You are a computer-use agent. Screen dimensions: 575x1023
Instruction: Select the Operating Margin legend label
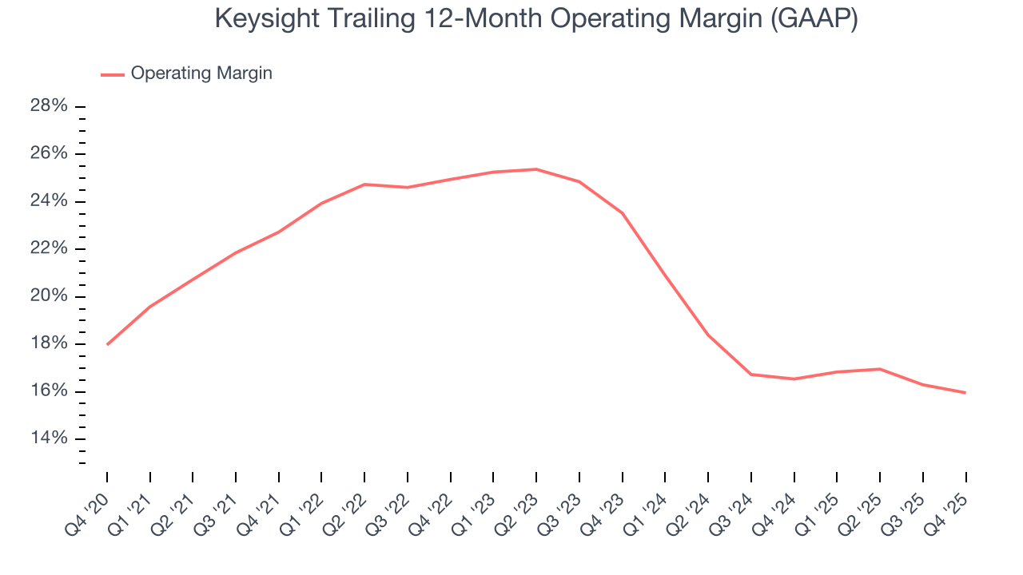(201, 73)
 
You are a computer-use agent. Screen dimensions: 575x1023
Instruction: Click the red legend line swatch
(112, 74)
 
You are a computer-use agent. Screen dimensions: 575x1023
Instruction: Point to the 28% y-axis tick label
(50, 106)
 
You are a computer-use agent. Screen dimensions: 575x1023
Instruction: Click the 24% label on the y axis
(50, 201)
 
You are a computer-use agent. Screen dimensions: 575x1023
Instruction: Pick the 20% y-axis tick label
(50, 296)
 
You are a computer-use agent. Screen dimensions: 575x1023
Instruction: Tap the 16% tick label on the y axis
(50, 391)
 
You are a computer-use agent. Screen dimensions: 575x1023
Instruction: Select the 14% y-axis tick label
(50, 438)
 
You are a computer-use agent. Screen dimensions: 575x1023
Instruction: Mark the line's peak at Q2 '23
(536, 169)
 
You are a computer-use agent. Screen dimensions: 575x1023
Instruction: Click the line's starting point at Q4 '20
(107, 344)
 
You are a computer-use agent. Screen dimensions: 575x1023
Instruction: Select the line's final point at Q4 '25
(965, 392)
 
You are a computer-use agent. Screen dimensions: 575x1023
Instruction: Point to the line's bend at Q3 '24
(751, 375)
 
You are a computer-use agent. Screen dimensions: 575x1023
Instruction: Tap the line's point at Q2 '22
(364, 184)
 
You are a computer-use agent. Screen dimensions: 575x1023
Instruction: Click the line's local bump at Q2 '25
(880, 369)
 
